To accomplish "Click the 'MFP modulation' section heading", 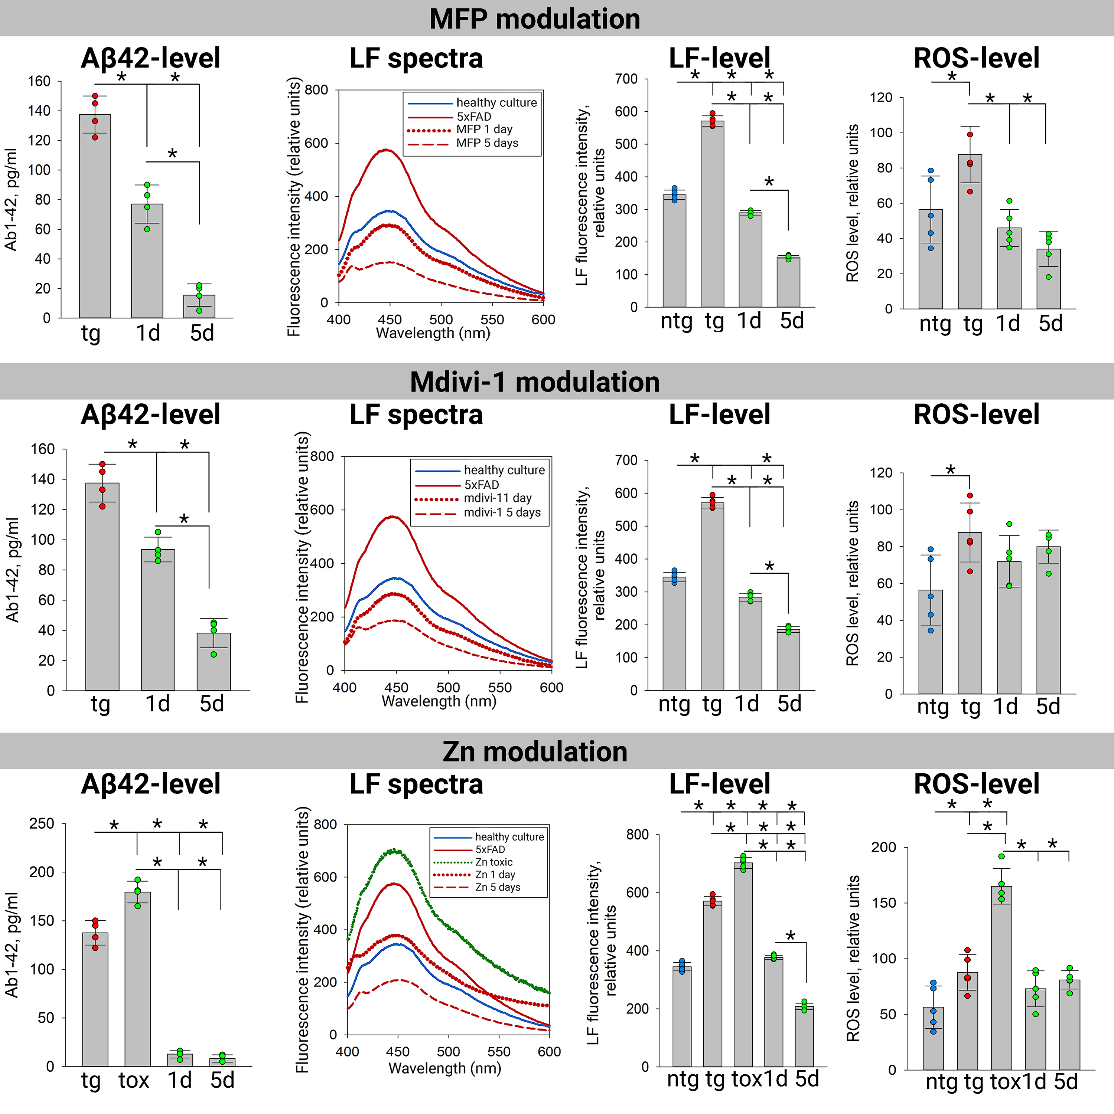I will coord(534,19).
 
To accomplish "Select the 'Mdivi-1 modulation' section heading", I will coord(534,382).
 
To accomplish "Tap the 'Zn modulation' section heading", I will coord(534,752).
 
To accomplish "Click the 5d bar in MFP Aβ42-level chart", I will coord(199,307).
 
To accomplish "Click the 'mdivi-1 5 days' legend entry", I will coord(502,512).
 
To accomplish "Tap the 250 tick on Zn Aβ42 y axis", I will coord(42,823).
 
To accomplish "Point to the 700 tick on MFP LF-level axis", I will coord(626,79).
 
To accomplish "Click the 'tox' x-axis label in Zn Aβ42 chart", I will coord(134,1080).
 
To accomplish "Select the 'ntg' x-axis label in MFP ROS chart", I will coord(935,324).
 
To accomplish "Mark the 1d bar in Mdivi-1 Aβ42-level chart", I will coord(158,620).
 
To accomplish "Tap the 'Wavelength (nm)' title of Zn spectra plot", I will coord(445,1068).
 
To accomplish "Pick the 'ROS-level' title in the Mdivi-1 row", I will coord(976,415).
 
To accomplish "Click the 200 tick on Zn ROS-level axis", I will coord(883,847).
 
